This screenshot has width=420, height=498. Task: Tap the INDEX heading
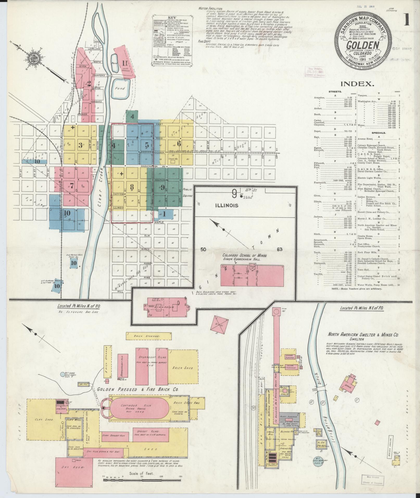[357, 84]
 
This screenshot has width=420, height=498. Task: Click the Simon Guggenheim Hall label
[244, 260]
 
